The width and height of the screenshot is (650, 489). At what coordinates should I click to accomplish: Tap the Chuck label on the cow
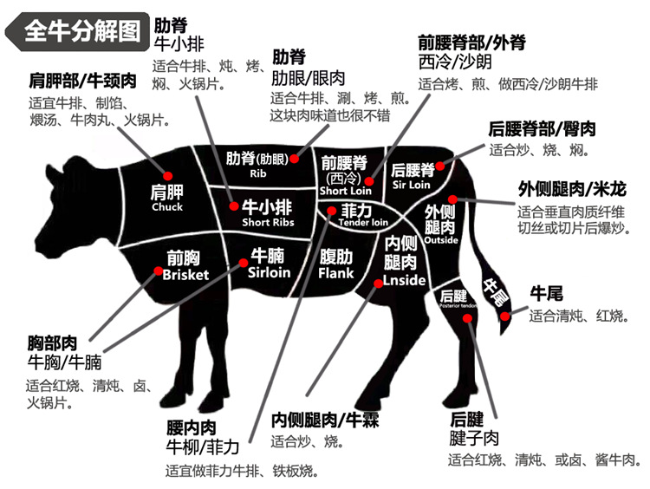[167, 207]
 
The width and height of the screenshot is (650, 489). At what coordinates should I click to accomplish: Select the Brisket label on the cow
[185, 274]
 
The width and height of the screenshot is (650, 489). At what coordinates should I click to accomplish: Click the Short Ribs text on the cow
[268, 223]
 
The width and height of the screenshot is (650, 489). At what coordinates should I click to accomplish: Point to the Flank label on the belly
[336, 273]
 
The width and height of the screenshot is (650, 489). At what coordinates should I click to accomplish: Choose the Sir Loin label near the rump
[412, 185]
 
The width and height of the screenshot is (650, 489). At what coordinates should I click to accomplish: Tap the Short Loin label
[345, 190]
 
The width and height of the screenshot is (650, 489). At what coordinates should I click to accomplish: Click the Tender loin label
[363, 222]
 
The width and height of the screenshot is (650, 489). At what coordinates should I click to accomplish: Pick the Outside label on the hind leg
[441, 240]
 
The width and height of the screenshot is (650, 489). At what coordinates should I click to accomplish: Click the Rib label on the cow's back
[258, 173]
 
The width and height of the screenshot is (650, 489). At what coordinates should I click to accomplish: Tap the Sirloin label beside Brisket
[269, 272]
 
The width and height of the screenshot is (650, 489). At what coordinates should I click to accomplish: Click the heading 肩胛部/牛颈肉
[82, 81]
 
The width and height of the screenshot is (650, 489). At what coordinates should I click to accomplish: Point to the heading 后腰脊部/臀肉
[543, 128]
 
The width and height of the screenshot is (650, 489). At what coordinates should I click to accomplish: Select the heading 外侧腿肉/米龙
[572, 189]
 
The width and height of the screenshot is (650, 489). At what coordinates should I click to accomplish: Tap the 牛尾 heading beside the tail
[546, 294]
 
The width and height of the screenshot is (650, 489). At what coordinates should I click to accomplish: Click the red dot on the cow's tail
[506, 312]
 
